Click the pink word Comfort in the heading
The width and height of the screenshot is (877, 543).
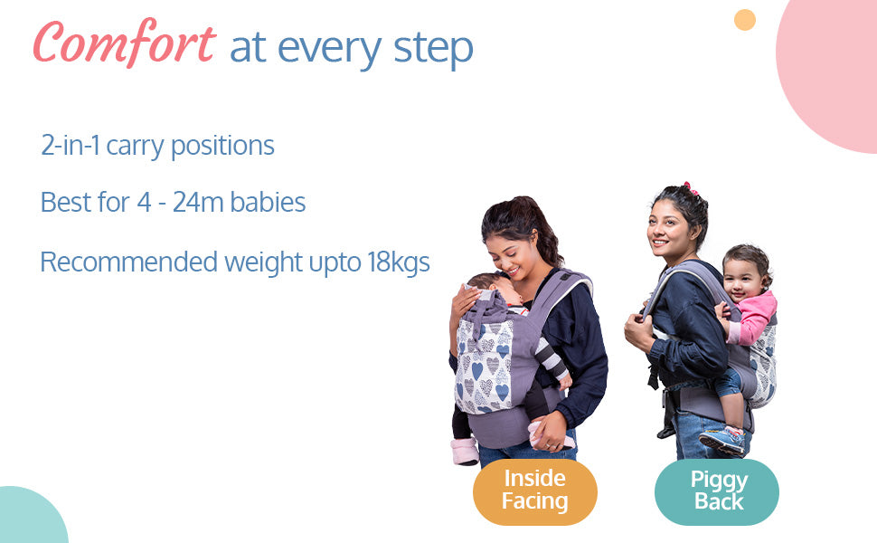coord(124,43)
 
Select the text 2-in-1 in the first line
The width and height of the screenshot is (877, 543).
coord(71,145)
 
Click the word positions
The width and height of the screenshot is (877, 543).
coord(222,147)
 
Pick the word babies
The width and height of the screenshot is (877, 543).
coord(268,202)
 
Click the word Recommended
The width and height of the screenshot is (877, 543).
coord(128,262)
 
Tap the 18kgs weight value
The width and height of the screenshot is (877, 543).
coord(398,262)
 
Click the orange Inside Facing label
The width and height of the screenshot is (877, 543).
coord(535,491)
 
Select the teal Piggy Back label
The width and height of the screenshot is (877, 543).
coord(717,491)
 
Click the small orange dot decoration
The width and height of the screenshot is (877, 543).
coord(744,20)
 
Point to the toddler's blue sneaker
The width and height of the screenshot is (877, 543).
coord(722,441)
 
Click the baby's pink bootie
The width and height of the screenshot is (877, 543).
coord(465,452)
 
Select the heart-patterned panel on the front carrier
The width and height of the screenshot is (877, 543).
coord(484,366)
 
